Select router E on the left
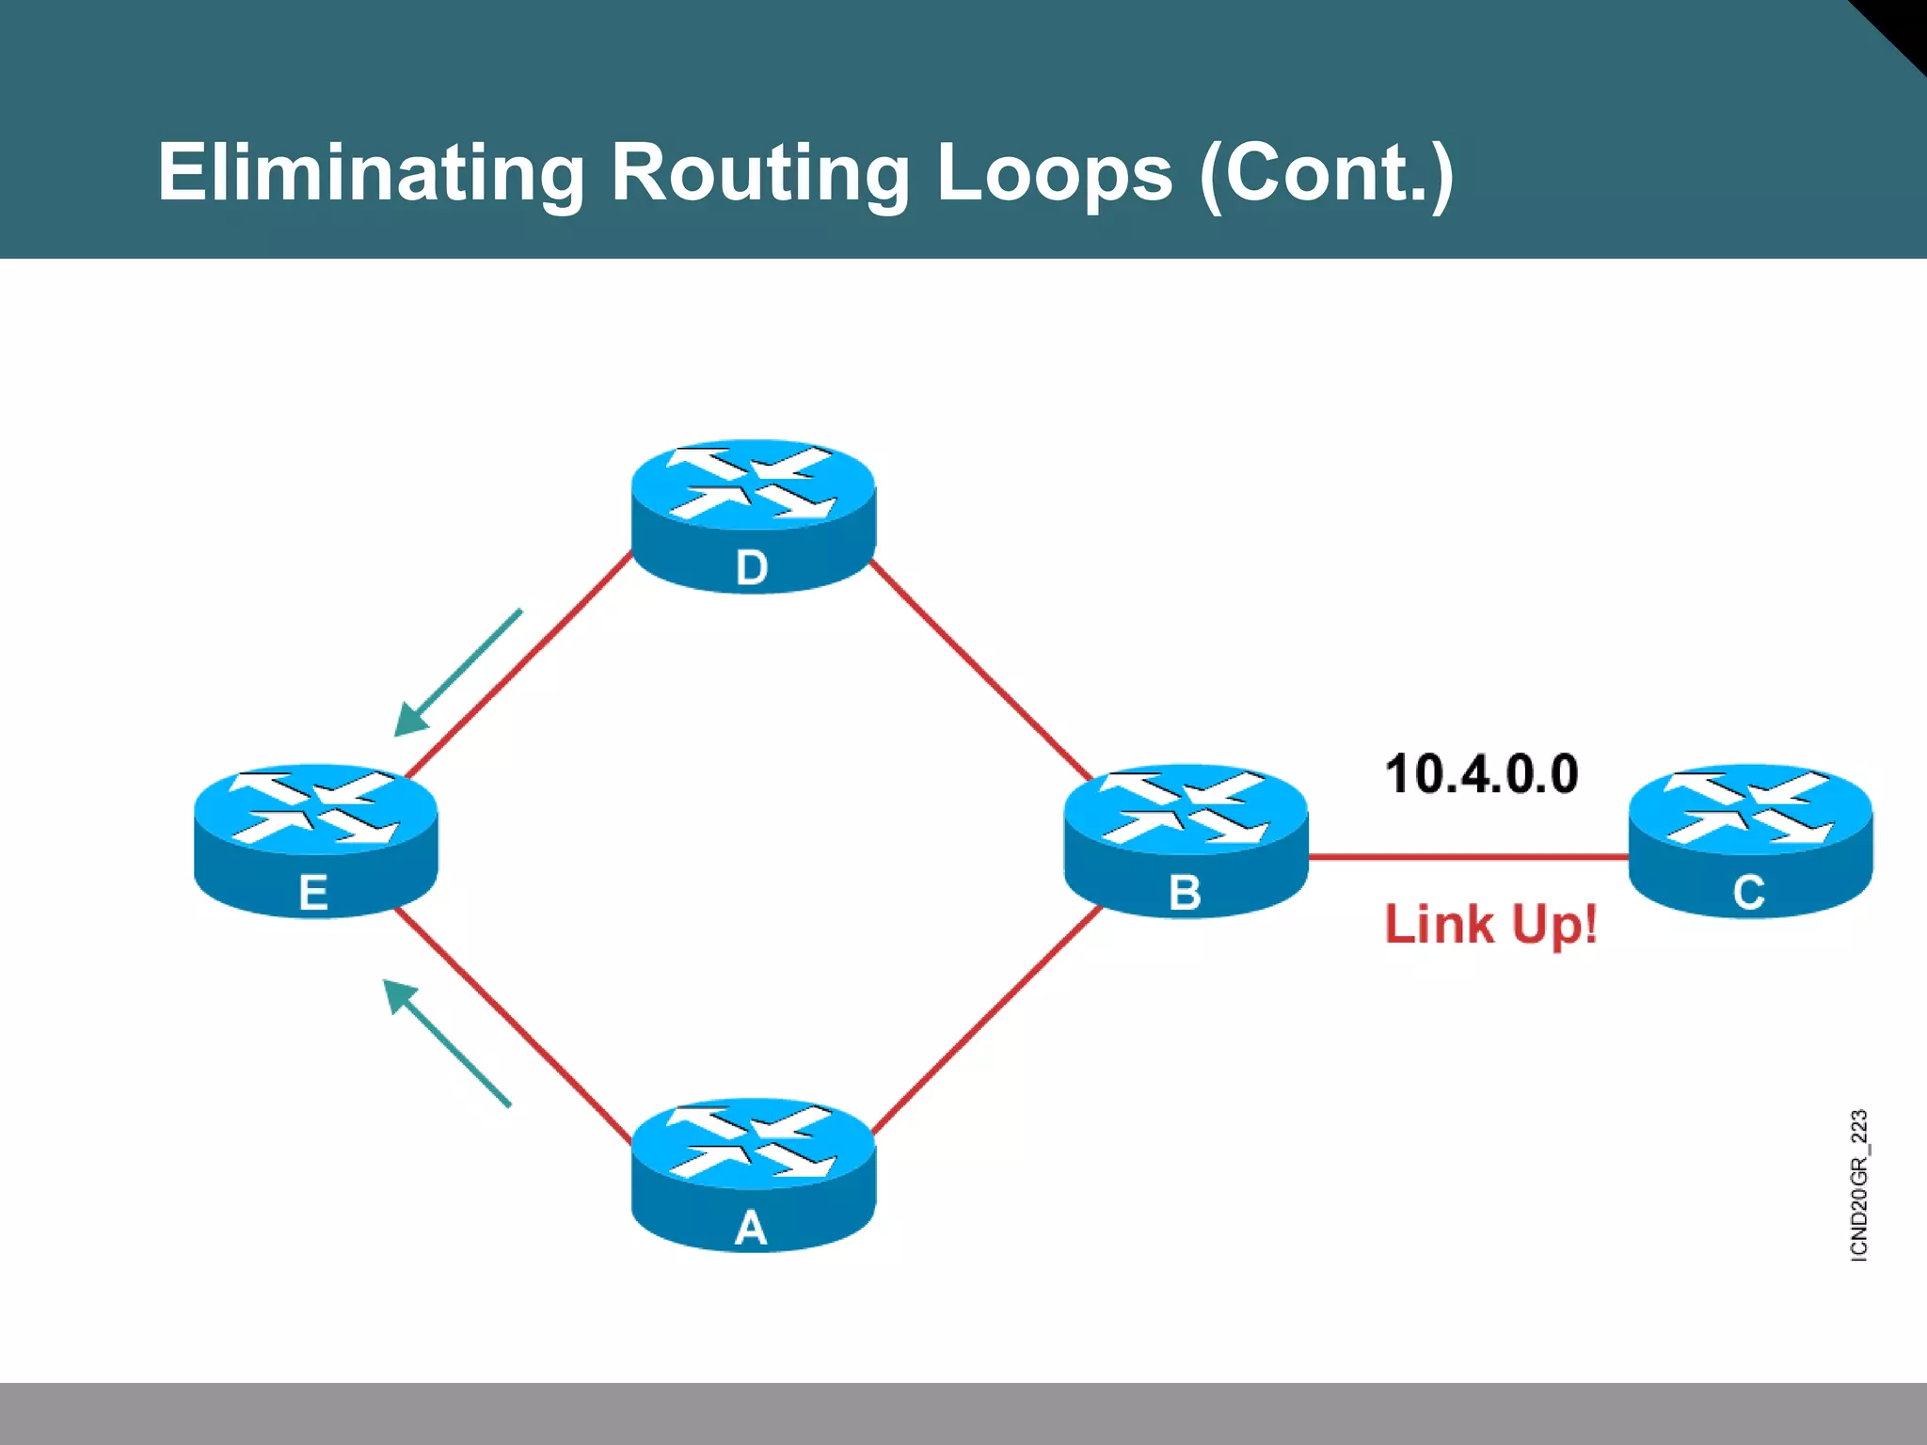point(315,839)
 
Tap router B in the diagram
point(1186,839)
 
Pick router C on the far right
point(1750,839)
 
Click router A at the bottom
point(753,1173)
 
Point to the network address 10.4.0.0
point(1481,774)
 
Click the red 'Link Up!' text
point(1490,924)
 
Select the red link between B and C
point(1468,857)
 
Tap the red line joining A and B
point(988,1018)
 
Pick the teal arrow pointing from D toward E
point(458,673)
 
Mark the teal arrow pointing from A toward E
point(447,1042)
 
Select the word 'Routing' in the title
point(760,173)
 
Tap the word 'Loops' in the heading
point(1054,173)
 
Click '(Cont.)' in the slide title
point(1327,173)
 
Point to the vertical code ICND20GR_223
point(1858,1185)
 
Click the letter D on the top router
point(752,568)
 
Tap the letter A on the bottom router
point(751,1228)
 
